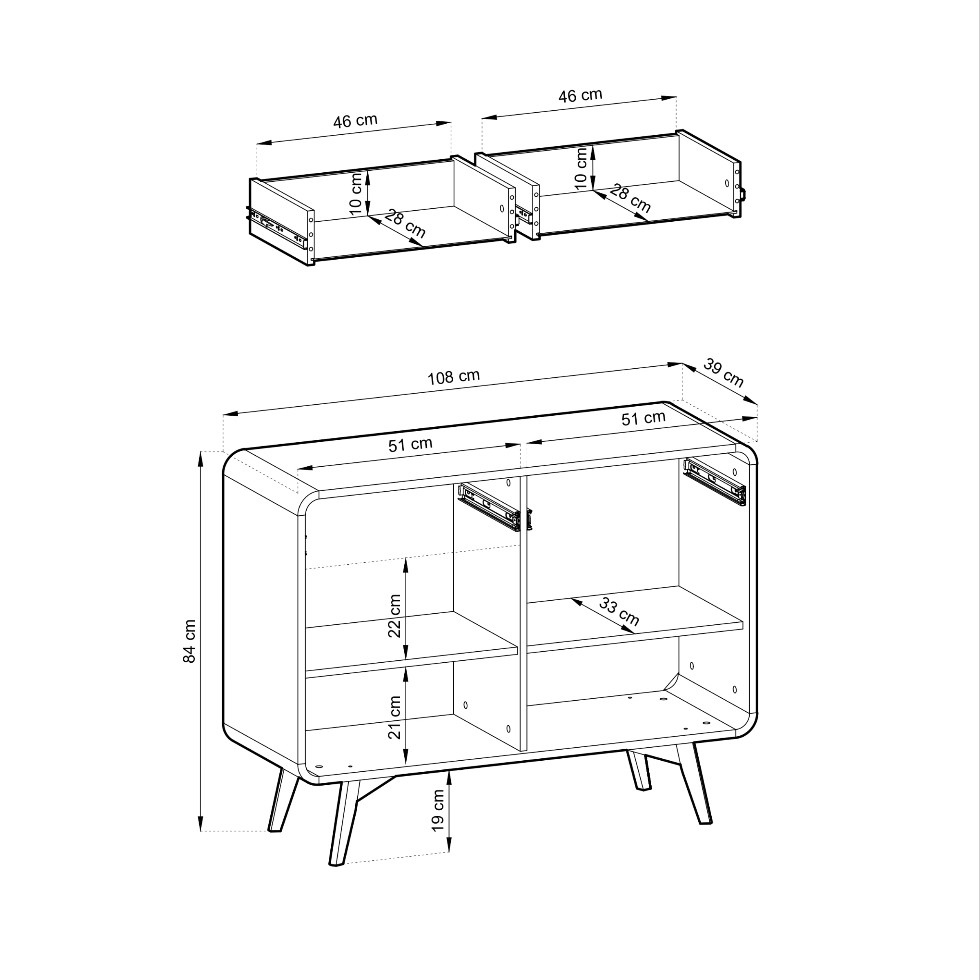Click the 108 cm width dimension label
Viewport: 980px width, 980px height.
pyautogui.click(x=454, y=377)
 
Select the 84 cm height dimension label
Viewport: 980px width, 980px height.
pyautogui.click(x=189, y=641)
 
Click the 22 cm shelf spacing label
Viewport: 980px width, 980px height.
pyautogui.click(x=394, y=616)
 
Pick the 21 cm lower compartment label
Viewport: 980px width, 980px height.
pyautogui.click(x=394, y=717)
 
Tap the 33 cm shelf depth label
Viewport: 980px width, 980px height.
pyautogui.click(x=619, y=611)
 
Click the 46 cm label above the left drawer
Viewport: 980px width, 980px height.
pyautogui.click(x=355, y=121)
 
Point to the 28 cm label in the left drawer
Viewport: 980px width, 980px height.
pyautogui.click(x=405, y=223)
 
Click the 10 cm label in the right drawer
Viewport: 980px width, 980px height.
pyautogui.click(x=581, y=168)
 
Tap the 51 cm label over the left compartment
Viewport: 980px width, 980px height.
pyautogui.click(x=410, y=444)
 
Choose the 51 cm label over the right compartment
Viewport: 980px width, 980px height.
pyautogui.click(x=643, y=418)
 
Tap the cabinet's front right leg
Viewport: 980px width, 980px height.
pyautogui.click(x=695, y=783)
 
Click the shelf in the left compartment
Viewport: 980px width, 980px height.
pyautogui.click(x=411, y=645)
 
